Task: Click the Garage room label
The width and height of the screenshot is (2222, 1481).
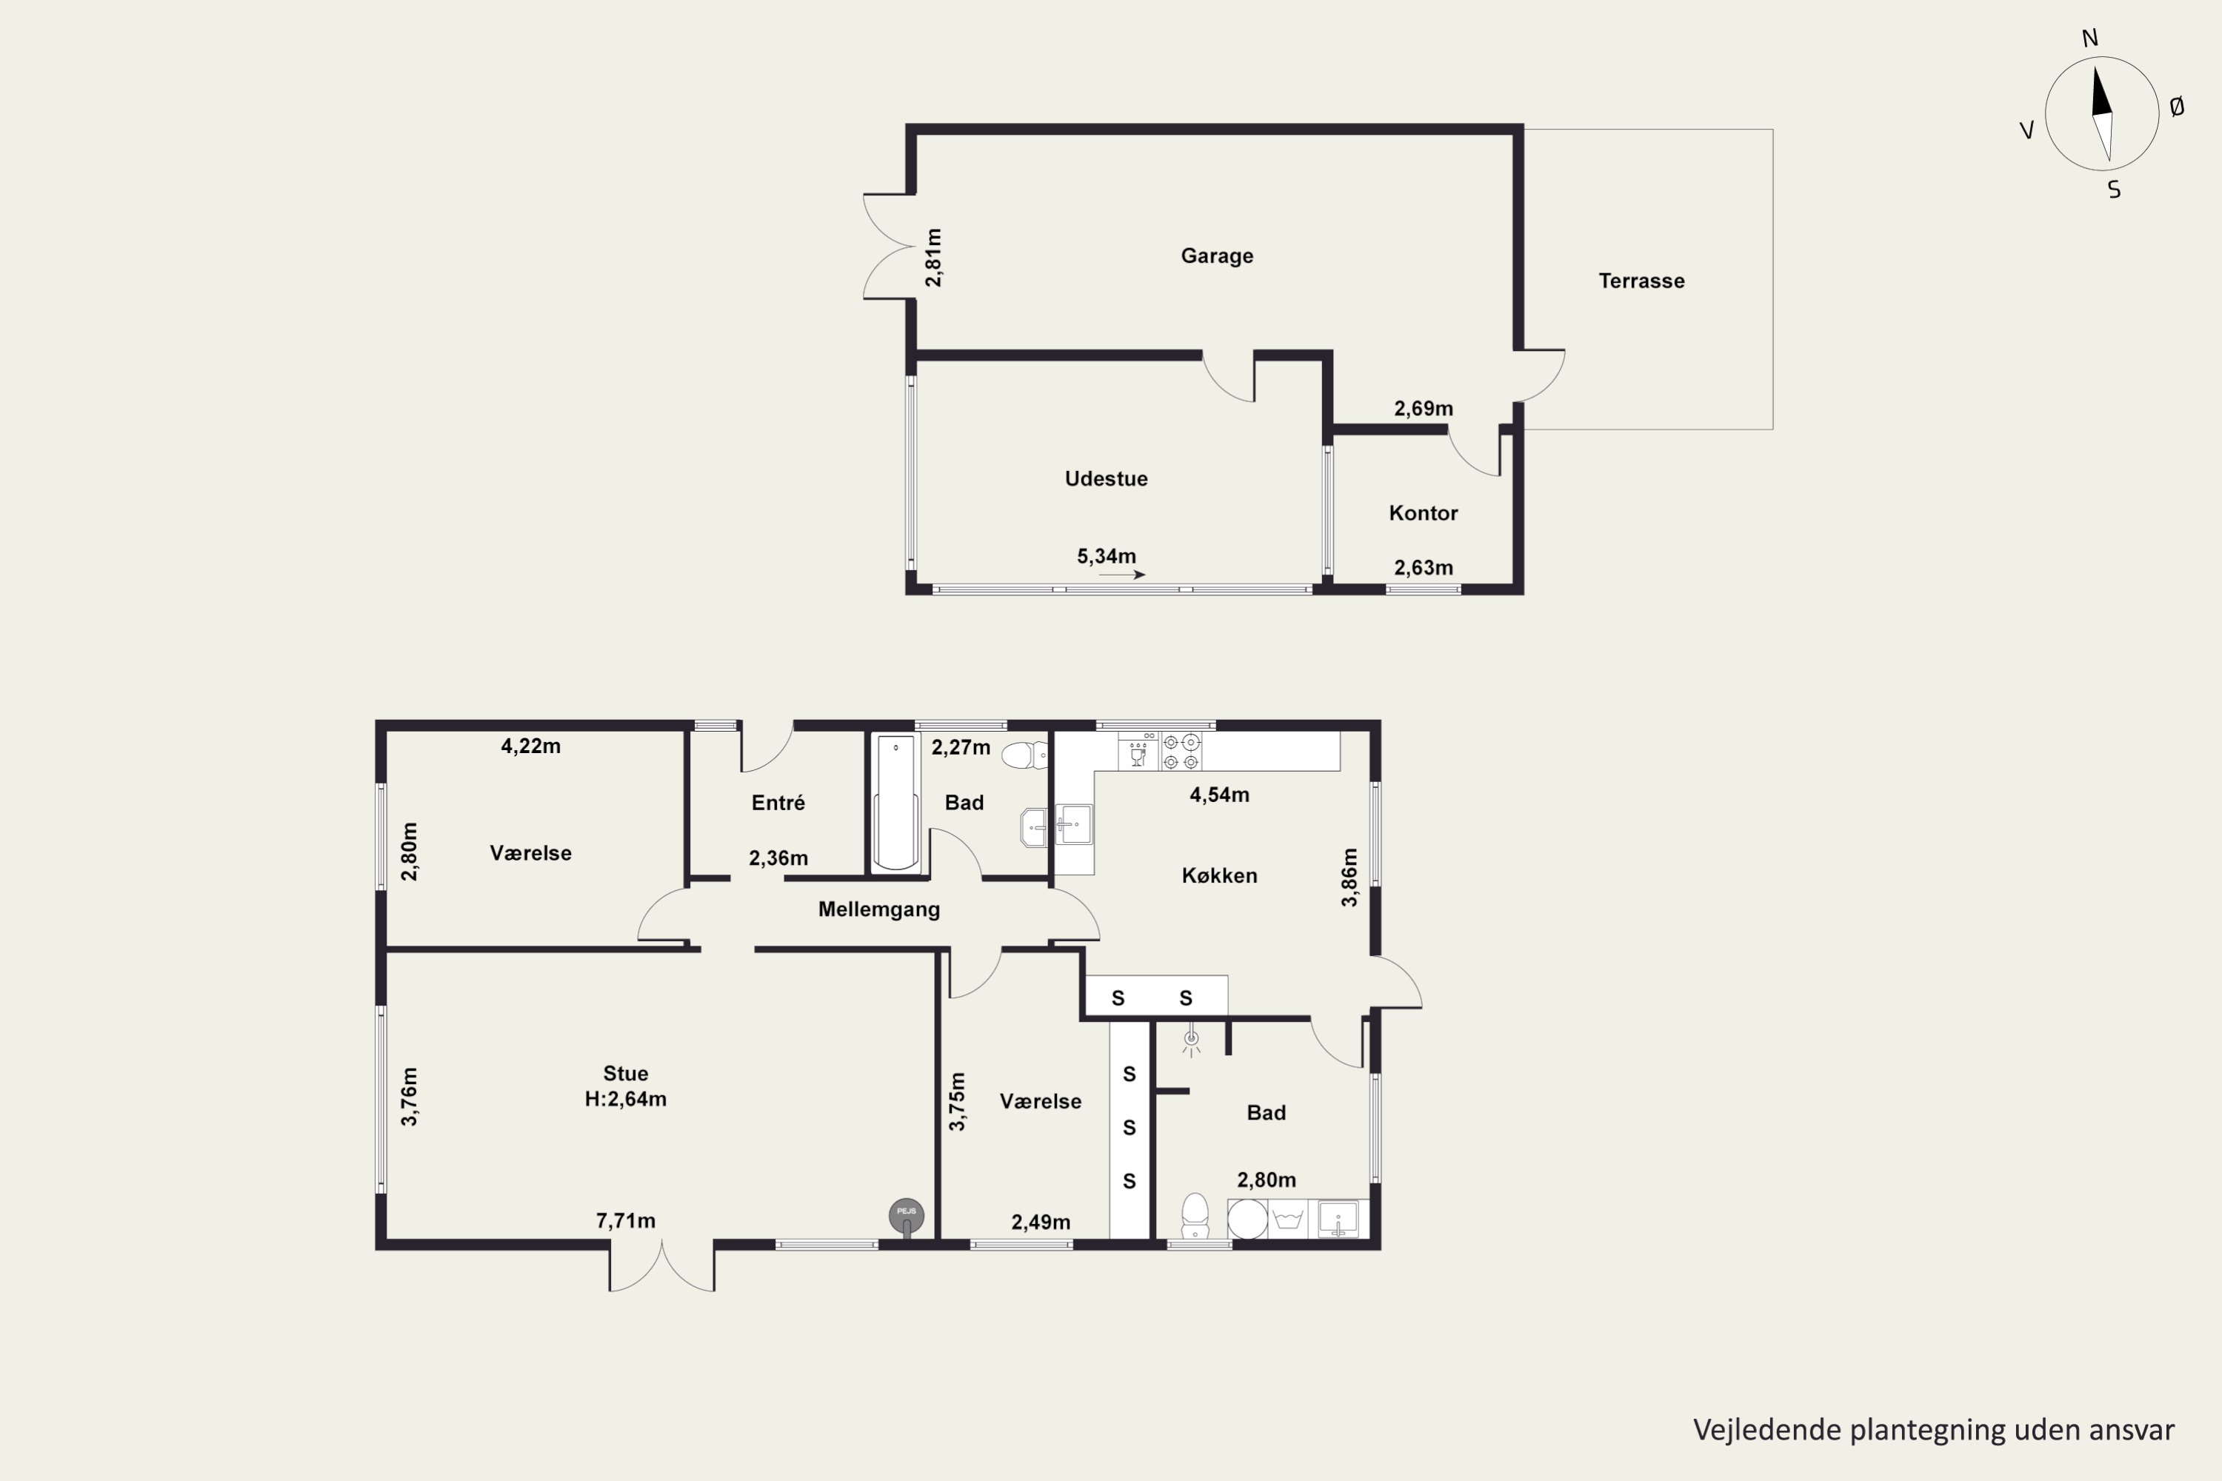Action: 1217,256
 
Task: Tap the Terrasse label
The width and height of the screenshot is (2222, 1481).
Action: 1641,281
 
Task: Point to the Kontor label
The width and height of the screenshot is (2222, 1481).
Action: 1423,513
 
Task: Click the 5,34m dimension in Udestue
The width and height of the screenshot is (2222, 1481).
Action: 1107,556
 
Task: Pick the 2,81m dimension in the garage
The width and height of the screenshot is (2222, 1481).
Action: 933,257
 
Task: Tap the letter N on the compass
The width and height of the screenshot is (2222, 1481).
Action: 2089,38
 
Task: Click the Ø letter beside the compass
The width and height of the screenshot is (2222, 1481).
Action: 2177,107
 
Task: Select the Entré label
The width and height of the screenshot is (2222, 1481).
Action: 778,802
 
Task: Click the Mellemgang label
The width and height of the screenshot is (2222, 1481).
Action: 878,909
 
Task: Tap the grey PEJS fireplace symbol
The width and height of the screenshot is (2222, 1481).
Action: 906,1217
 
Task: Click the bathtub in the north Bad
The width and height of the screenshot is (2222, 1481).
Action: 895,802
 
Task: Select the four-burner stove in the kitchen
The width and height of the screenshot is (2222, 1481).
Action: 1181,752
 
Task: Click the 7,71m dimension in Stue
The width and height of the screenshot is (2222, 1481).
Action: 625,1220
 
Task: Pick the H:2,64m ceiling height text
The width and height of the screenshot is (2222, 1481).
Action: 625,1100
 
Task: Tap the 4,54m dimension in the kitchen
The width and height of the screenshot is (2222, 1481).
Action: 1218,795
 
